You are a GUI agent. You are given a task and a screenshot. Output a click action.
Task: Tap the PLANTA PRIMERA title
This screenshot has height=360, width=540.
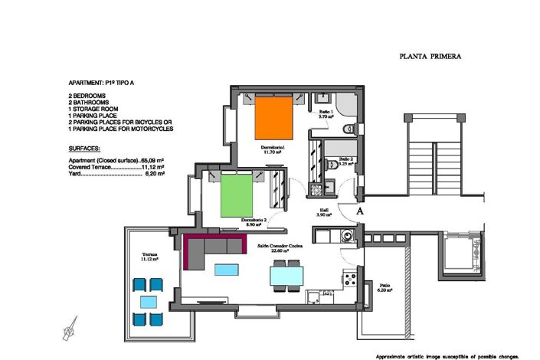point(430,56)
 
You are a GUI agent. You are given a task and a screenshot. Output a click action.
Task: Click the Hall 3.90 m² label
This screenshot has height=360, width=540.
point(324,212)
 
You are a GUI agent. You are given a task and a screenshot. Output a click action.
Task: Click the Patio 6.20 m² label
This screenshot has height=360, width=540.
point(384,290)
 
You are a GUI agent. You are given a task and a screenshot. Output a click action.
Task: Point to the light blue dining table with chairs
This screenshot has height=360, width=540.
point(286,275)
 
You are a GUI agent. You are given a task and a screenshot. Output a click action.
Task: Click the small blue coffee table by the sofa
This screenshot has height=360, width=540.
point(226,270)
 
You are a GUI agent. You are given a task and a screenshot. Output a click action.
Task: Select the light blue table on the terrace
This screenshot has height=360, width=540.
point(148,301)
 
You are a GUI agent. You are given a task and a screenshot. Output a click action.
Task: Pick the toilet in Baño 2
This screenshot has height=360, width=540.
point(327,163)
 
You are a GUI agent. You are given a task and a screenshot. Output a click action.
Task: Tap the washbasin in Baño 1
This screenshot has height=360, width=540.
point(323,99)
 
